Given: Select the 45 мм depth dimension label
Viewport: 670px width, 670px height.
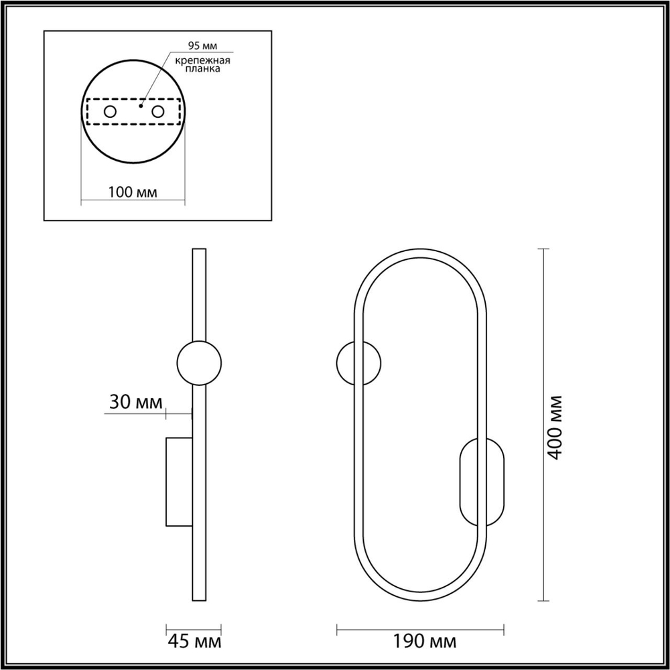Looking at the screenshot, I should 194,641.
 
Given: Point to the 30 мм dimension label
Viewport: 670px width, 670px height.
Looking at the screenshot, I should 136,402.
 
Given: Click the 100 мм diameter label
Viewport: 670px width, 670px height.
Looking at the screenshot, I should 133,192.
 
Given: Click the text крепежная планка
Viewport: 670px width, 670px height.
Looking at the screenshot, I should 202,65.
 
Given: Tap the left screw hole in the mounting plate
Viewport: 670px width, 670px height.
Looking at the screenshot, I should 110,112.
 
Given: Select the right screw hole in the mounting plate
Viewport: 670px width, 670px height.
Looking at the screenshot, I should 158,112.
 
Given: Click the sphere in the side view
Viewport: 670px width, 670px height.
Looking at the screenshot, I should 198,362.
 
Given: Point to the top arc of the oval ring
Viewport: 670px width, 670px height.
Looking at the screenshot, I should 420,253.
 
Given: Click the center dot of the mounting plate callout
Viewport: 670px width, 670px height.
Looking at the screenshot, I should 141,105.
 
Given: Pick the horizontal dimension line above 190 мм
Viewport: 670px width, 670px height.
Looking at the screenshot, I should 420,628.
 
